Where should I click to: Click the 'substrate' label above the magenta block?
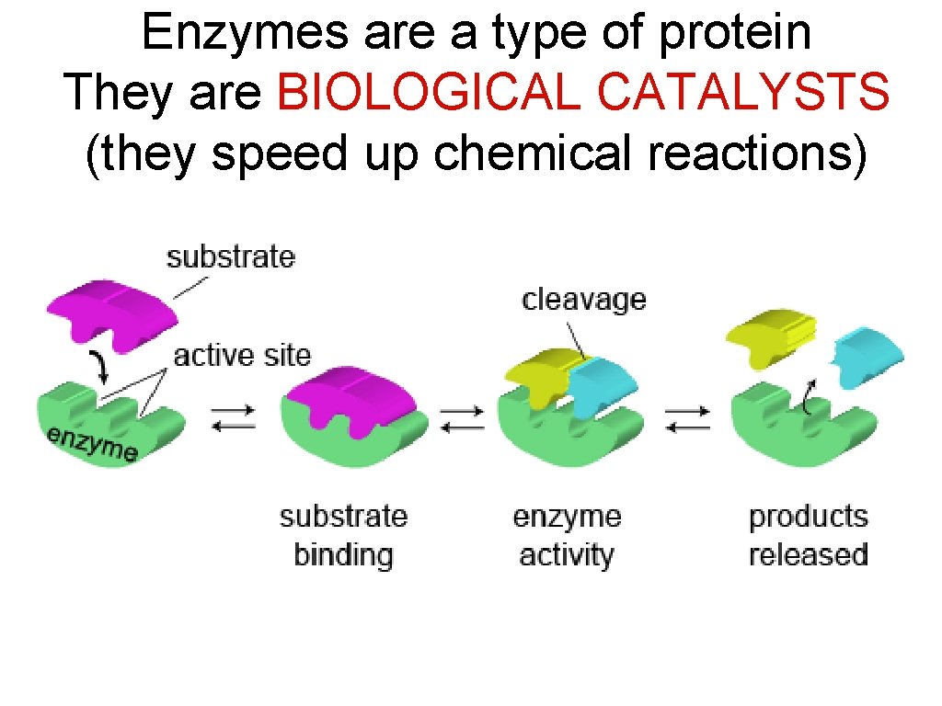[x=231, y=256]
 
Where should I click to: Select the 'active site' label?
[x=242, y=354]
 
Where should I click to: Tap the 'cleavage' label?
[x=584, y=300]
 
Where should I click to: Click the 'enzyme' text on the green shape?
[x=93, y=443]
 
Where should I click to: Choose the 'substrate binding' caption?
[x=343, y=536]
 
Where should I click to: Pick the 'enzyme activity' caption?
[x=567, y=536]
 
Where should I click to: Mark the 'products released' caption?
[x=809, y=536]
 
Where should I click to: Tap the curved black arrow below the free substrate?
[x=100, y=370]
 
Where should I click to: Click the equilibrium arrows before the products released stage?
[x=688, y=419]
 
